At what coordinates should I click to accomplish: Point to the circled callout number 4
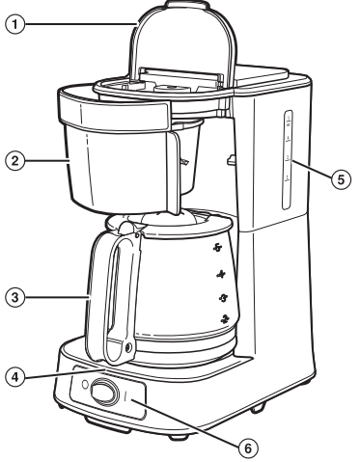click(x=11, y=375)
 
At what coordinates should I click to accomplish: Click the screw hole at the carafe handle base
click(x=128, y=345)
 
